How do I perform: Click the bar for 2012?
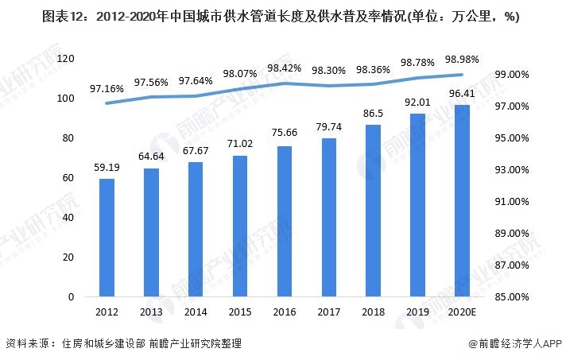[107, 238]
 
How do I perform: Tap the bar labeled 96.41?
[462, 201]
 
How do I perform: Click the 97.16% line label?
[107, 89]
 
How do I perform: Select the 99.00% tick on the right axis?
[512, 74]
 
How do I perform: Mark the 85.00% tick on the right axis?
[512, 297]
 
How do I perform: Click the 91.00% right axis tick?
[512, 202]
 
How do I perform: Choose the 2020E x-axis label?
[462, 312]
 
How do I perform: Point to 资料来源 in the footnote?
[28, 344]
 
